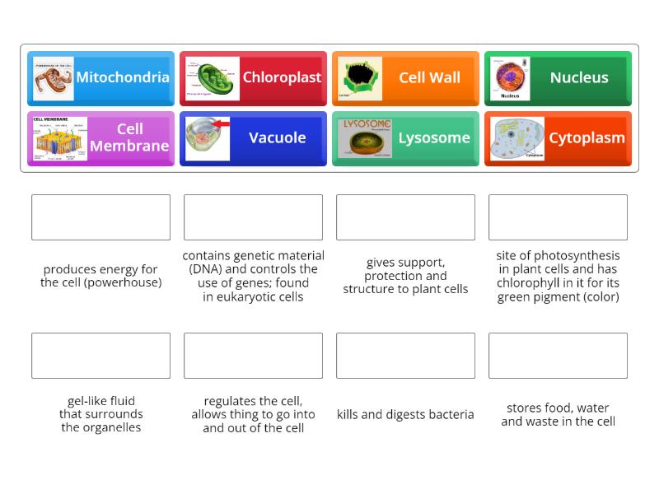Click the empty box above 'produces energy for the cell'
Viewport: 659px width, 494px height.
point(100,217)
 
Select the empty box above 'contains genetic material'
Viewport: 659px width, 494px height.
point(253,217)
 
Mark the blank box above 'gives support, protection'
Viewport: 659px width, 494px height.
point(405,217)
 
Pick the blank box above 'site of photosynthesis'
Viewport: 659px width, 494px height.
point(558,217)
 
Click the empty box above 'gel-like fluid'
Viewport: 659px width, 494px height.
point(100,356)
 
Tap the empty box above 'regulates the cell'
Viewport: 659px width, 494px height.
point(253,356)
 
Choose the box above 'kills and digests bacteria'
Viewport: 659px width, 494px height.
point(405,356)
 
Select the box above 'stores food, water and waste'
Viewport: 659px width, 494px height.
point(558,356)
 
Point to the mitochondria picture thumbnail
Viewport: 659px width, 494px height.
point(54,78)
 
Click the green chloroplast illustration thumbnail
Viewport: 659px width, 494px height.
point(213,78)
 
